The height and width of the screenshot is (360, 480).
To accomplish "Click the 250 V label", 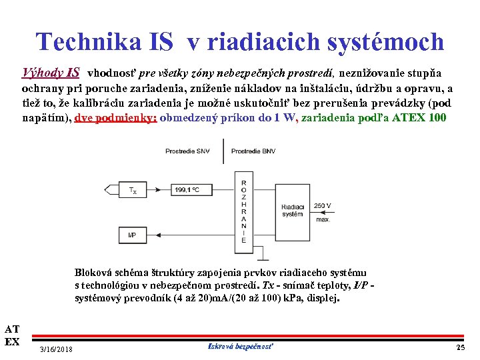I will (322, 205).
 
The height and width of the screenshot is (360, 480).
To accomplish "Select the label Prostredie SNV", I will (187, 151).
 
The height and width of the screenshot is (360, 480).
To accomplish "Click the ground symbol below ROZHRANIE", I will (264, 256).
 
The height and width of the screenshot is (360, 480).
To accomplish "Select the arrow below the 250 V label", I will (321, 212).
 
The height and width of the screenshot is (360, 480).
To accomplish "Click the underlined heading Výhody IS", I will (51, 72).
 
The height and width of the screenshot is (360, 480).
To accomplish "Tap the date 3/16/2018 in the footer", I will (57, 349).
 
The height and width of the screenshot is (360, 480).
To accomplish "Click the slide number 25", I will (460, 348).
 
